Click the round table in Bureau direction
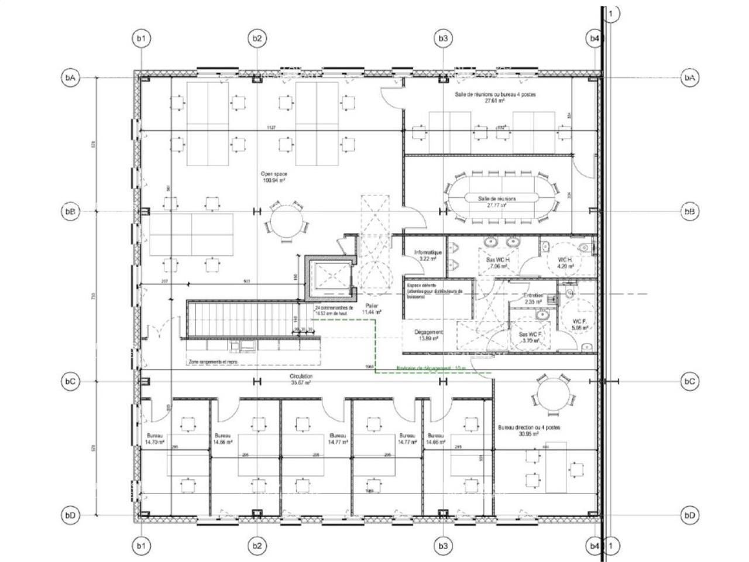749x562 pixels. coord(551,393)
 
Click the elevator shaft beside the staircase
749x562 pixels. coord(328,276)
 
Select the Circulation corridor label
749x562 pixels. coord(301,379)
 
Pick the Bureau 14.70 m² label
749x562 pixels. coord(155,439)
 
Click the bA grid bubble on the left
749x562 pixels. coord(70,77)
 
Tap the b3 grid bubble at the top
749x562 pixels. coord(443,39)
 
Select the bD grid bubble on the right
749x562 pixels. coord(689,515)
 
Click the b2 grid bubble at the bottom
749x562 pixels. coord(257,546)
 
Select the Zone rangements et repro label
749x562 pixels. coord(213,362)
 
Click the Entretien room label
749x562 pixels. coord(533,299)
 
